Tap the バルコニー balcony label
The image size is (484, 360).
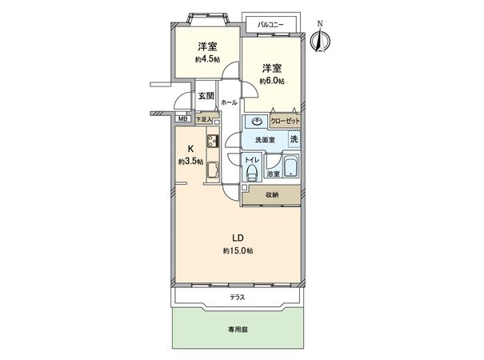click(x=270, y=24)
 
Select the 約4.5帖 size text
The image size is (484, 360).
click(x=207, y=59)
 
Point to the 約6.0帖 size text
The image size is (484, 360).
click(x=272, y=82)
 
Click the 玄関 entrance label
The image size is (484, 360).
click(x=206, y=96)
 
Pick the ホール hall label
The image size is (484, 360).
click(x=229, y=102)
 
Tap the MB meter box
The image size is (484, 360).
click(x=182, y=118)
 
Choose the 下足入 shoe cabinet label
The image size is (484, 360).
click(x=204, y=119)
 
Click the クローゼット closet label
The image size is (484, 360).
click(x=286, y=121)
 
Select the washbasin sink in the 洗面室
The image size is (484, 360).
click(x=257, y=122)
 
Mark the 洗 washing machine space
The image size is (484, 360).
click(x=294, y=139)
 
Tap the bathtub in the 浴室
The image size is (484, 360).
click(x=290, y=166)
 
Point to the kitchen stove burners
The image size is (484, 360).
click(x=213, y=142)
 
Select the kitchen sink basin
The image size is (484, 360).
click(x=212, y=170)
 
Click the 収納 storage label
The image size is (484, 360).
click(x=272, y=195)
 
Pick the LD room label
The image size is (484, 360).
click(x=238, y=238)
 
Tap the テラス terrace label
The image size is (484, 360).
click(x=238, y=298)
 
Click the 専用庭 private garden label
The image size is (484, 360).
click(x=238, y=330)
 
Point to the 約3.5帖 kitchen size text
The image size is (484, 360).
click(x=190, y=161)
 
